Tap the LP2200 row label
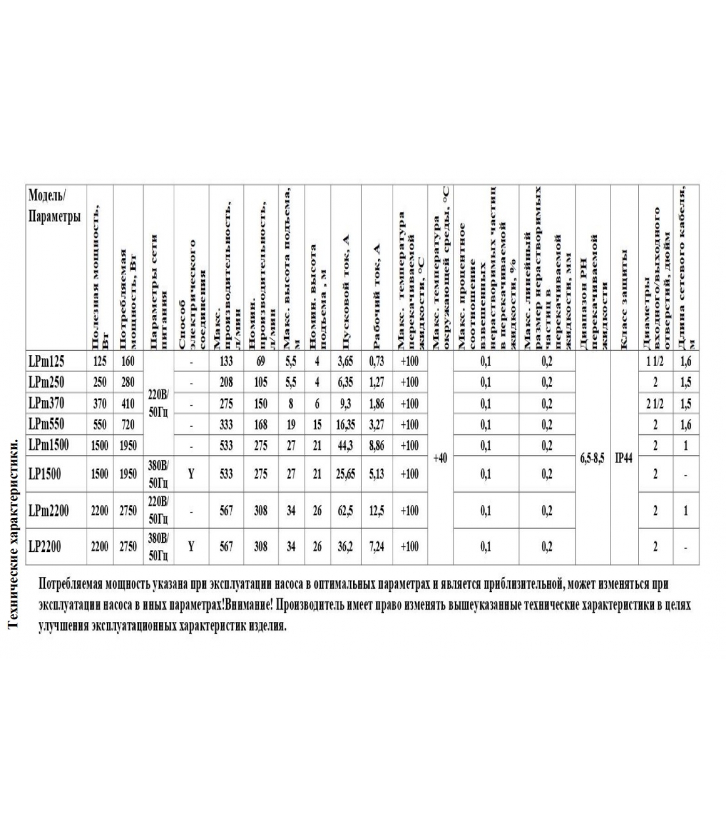(x=45, y=546)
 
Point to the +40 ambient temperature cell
(x=440, y=459)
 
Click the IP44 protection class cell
(x=623, y=459)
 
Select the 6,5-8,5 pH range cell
(x=592, y=459)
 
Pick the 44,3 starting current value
(x=345, y=446)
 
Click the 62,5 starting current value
(x=345, y=511)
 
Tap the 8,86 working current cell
(x=376, y=446)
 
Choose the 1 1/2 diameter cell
(x=655, y=361)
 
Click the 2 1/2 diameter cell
(x=655, y=404)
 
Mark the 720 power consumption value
(x=128, y=425)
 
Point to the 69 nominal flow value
(x=260, y=361)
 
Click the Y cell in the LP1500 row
(x=191, y=474)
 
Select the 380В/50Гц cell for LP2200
(x=158, y=546)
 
